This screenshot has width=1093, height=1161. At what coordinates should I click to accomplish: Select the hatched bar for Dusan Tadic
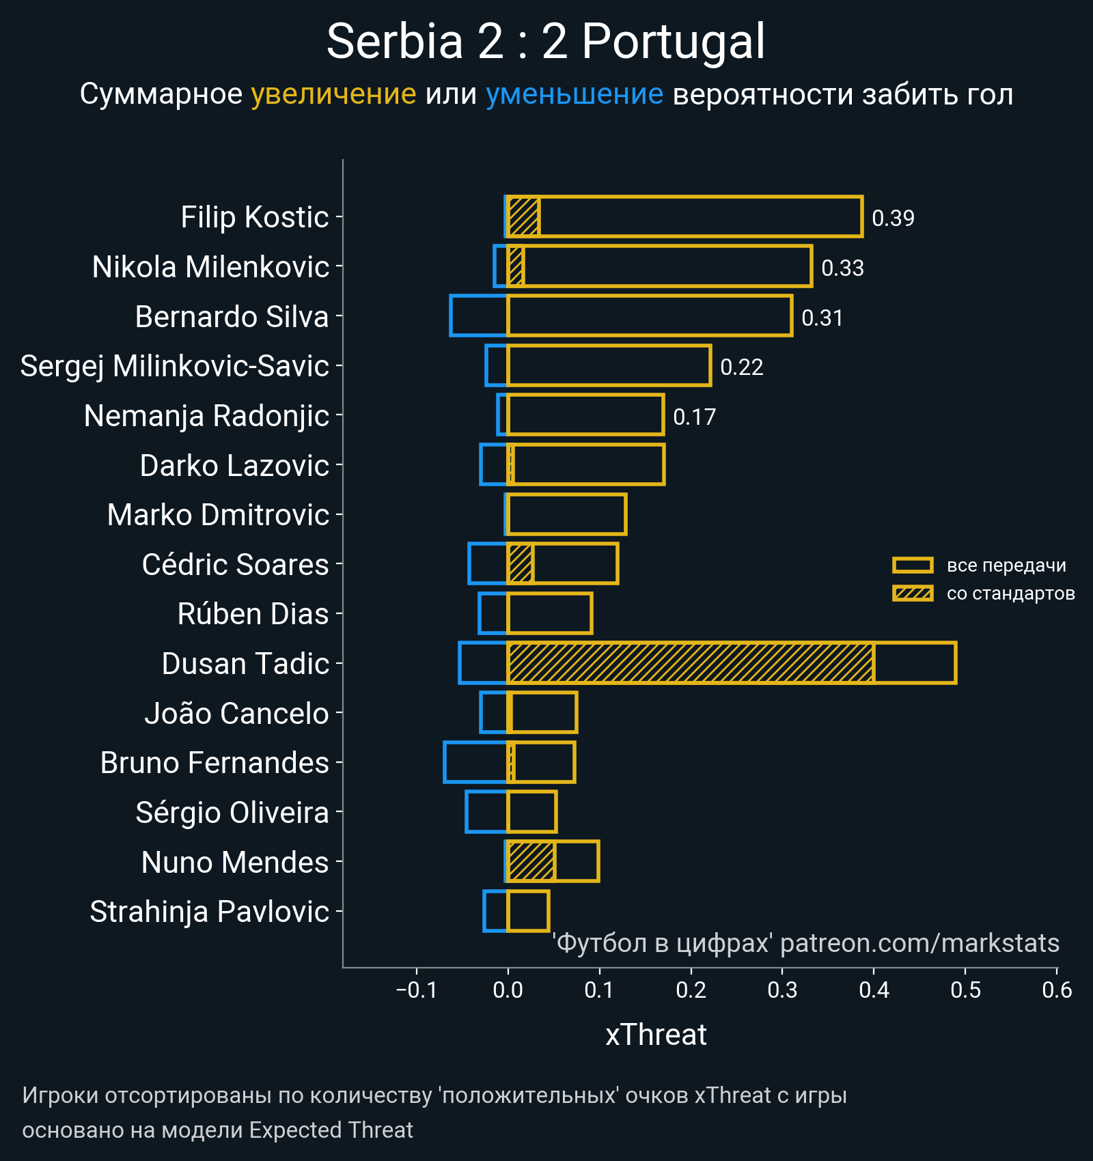coord(690,663)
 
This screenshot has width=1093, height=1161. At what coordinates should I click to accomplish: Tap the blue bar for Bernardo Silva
coord(478,316)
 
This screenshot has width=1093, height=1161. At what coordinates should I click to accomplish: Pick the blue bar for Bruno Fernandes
coord(475,762)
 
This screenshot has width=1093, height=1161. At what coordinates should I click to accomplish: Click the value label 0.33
coord(842,268)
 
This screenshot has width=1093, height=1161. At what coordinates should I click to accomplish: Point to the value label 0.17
coord(694,417)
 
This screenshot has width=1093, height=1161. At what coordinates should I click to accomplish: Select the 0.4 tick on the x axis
coord(874,990)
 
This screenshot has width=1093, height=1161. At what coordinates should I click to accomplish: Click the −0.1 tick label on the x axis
coord(416,990)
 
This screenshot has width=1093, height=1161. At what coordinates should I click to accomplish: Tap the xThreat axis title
coord(656,1035)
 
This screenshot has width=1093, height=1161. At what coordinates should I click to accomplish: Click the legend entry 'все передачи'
coord(1006,565)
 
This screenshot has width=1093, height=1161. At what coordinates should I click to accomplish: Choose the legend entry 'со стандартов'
coord(1010,593)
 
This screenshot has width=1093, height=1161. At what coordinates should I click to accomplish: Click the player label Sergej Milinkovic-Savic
coord(175,366)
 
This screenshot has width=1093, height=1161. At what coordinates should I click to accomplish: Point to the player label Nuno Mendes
coord(235,862)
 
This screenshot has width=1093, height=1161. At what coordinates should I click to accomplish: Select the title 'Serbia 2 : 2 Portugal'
coord(546,42)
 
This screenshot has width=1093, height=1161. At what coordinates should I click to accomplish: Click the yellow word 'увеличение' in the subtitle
coord(333,94)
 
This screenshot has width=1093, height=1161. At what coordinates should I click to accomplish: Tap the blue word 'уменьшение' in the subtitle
coord(574,94)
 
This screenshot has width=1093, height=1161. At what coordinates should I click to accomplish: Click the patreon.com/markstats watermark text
coord(919,943)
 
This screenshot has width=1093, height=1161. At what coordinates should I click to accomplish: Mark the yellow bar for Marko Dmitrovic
coord(567,515)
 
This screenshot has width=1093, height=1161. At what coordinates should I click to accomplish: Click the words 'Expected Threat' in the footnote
coord(331,1130)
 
